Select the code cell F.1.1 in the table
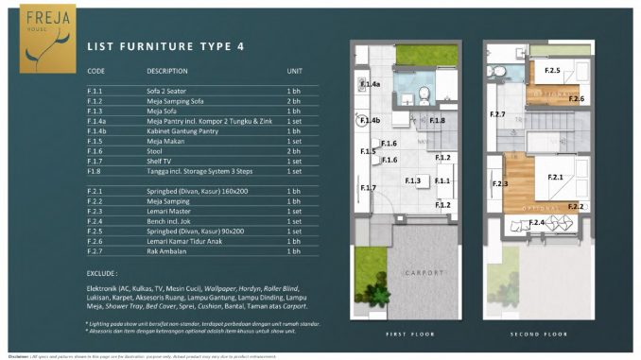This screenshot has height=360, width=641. pos(95,90)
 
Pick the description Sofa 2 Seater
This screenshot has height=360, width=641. pos(167,90)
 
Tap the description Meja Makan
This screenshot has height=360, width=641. pos(166,141)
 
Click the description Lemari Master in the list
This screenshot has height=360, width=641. pos(168,211)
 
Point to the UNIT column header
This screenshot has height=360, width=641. pos(294,71)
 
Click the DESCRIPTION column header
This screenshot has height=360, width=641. pos(167,71)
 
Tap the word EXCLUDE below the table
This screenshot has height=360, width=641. pos(106,270)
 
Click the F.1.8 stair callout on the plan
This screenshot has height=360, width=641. pos(436,120)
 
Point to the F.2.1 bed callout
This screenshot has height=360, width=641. pos(554,177)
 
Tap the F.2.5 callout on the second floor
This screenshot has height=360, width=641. pos(552,70)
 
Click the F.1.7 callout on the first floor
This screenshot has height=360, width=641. pos(368,188)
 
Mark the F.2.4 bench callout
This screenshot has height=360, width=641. pos(536,222)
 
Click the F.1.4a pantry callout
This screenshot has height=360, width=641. pos(371,85)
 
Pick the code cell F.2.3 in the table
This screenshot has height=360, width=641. pos(95,211)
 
